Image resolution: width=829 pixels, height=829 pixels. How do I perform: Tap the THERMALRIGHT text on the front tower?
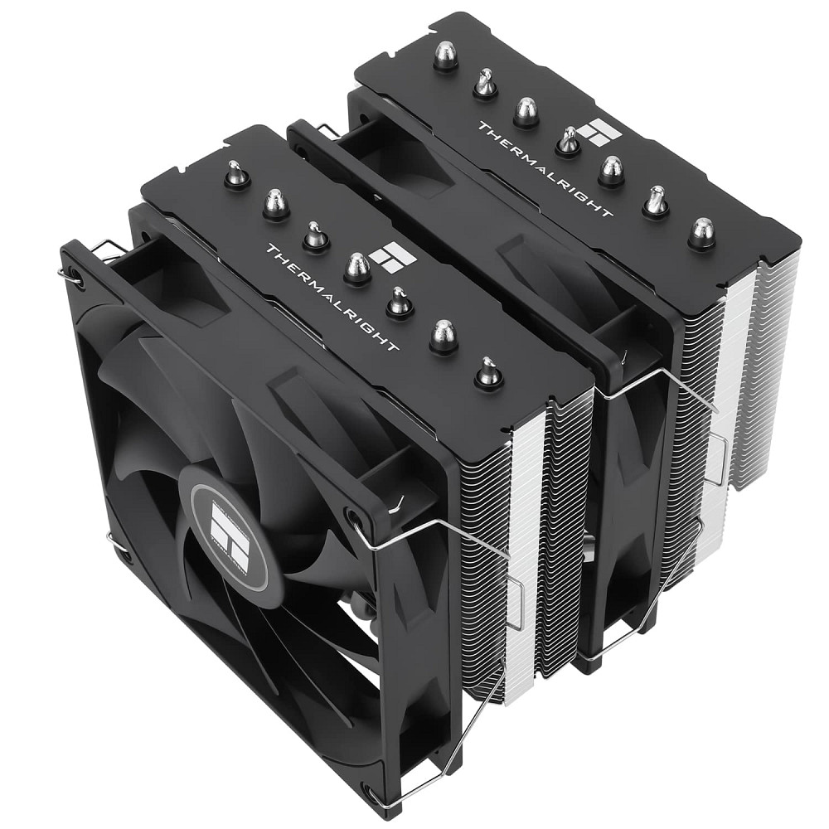coord(332,295)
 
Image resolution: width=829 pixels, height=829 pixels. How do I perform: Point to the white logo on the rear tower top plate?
coord(594,132)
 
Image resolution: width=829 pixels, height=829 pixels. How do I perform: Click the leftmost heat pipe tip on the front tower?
coord(236,175)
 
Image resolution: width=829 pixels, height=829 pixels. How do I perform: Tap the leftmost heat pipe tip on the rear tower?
coord(445,56)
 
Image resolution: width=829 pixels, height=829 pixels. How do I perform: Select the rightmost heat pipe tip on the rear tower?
coord(701,233)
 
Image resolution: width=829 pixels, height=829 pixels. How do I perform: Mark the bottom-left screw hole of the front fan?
coord(123,556)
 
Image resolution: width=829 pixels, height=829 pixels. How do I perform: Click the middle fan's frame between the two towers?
coord(630,497)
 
